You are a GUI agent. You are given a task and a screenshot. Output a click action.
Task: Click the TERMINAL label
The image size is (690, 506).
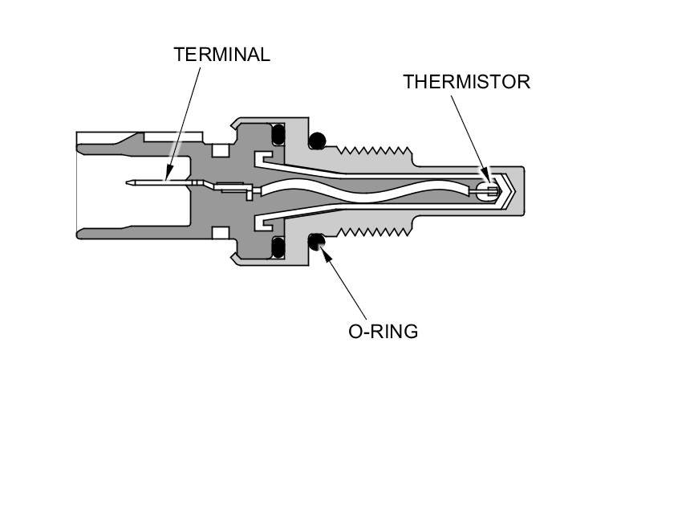point(221,55)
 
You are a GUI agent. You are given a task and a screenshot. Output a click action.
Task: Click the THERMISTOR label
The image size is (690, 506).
point(466,82)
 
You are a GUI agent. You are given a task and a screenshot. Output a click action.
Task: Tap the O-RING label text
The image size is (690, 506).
point(383,332)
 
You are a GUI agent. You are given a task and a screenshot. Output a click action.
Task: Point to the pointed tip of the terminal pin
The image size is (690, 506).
point(130,183)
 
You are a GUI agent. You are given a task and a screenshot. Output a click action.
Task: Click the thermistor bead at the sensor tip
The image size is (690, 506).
point(484,190)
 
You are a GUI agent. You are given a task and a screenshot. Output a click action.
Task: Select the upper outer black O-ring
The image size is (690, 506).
point(318,141)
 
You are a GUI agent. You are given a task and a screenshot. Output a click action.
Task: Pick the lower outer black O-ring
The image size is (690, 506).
point(318,240)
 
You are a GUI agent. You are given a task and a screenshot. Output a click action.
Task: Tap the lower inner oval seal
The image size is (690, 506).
point(279,245)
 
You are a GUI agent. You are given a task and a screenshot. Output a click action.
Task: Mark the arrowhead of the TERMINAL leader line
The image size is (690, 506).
point(168,175)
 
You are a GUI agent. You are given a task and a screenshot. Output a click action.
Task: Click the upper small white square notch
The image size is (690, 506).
point(218,149)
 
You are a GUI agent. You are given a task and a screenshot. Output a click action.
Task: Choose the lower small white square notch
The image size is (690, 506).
point(218,233)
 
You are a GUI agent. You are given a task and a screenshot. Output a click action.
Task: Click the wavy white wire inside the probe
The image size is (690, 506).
point(361,191)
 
